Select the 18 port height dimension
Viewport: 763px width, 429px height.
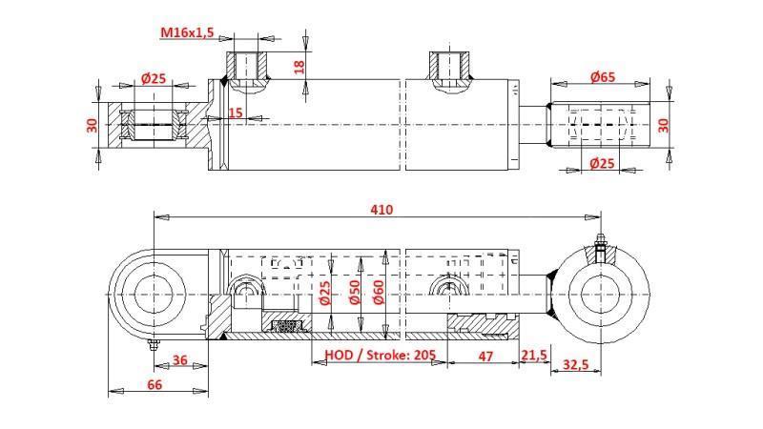299,67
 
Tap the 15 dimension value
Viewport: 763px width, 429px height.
236,113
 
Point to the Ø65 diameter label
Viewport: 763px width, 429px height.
602,76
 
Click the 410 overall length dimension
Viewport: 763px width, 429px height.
381,209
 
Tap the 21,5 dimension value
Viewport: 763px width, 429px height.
534,355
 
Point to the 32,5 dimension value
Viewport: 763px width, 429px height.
576,363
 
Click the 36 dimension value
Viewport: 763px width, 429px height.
177,360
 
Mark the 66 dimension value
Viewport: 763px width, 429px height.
155,384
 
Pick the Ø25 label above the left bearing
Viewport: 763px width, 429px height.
154,78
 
